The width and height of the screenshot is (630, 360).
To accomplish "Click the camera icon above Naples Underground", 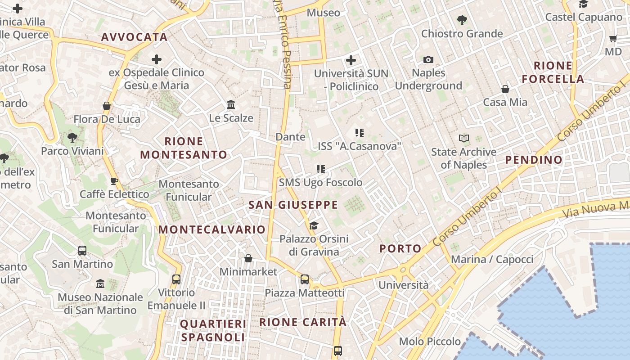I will tap(428, 59).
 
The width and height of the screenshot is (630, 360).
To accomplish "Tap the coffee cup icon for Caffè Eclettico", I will tap(114, 181).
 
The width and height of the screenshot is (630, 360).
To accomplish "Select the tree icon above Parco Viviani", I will tap(72, 137).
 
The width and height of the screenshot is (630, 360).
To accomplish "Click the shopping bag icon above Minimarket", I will tap(248, 258).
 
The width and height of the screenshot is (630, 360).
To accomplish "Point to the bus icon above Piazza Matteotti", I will tap(305, 279).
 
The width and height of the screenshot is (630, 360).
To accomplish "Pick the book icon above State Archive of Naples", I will tap(463, 138).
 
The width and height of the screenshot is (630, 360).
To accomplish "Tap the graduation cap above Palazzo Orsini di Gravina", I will tap(314, 225).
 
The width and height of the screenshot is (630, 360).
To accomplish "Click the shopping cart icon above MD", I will tap(613, 39).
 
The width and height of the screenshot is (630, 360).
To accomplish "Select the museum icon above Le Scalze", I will tap(231, 104).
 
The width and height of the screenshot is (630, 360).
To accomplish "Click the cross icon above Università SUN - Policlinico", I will tap(351, 60).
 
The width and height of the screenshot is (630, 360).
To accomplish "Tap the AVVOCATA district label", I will tap(134, 37).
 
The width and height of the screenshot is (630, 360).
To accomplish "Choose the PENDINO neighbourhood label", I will tap(534, 160).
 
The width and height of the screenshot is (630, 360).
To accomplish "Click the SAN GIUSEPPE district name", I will tap(293, 205).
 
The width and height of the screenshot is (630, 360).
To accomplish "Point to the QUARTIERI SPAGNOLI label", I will tap(213, 330).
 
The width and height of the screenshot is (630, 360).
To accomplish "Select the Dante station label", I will tap(290, 137).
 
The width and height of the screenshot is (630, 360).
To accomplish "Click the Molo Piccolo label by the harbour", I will tap(430, 342).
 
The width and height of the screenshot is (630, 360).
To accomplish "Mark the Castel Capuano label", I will tap(584, 17).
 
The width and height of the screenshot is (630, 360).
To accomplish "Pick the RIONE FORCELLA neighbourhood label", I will tap(553, 72).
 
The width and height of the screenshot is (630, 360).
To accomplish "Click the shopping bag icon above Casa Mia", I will tap(505, 89).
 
